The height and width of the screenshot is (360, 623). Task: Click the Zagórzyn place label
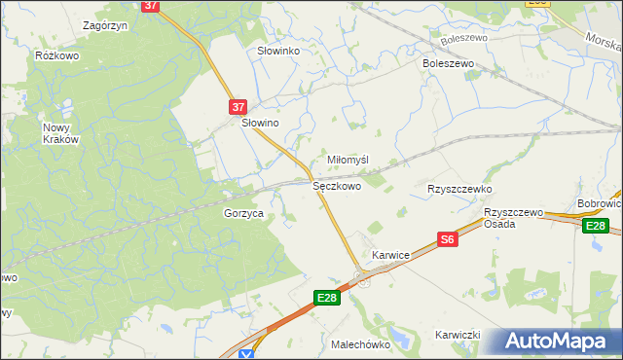107,25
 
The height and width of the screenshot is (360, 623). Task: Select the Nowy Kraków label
60,133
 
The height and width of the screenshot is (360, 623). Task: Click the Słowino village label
261,124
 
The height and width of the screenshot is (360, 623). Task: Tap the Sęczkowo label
337,185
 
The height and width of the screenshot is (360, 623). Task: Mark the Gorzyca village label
244,213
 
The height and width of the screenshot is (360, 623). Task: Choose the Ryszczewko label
459,189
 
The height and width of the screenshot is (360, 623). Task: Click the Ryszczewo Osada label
513,218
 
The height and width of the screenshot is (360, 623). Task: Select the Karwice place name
390,255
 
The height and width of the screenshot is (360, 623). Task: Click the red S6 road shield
447,239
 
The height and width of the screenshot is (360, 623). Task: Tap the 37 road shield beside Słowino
239,106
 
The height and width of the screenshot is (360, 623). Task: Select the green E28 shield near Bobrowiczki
597,227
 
